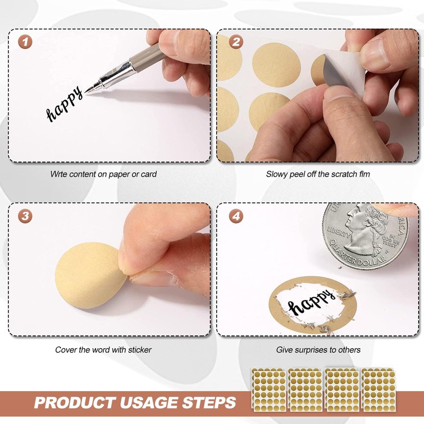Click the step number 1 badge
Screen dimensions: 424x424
24,42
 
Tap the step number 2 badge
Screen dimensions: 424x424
235,42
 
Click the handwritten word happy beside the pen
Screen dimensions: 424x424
65,105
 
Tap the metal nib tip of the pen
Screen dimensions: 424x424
88,91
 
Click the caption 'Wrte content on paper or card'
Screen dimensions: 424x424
103,174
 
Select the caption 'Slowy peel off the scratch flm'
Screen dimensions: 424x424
318,174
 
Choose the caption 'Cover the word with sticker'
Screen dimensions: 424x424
103,350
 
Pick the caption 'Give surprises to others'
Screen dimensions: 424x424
318,350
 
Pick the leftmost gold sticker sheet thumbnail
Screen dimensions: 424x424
268,388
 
